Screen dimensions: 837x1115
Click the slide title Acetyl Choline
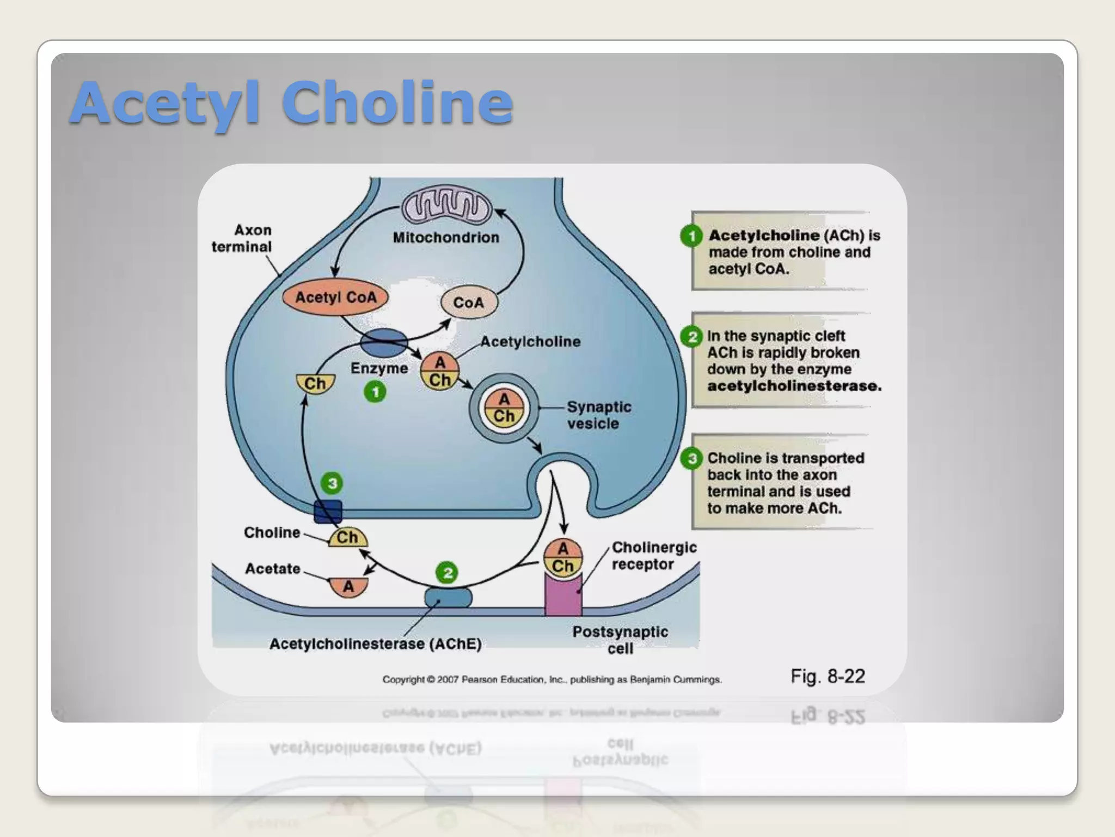(292, 102)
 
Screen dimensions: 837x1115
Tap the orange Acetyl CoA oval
(335, 298)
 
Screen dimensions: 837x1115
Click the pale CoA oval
(469, 302)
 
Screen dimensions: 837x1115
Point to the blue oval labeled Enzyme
(383, 343)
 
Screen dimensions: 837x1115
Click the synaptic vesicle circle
(504, 408)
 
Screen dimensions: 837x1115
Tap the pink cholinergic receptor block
(563, 595)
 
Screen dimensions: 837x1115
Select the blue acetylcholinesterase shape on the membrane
(448, 597)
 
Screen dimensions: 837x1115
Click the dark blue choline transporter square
(328, 512)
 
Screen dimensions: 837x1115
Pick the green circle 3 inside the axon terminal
(332, 483)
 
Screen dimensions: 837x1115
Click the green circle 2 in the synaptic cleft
(447, 572)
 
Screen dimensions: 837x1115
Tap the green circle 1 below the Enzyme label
(375, 392)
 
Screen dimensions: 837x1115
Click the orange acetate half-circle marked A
(348, 586)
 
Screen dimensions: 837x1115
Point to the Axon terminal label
(242, 238)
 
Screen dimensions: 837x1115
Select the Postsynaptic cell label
(620, 640)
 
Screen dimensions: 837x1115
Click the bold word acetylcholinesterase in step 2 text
(794, 386)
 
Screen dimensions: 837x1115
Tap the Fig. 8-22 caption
(828, 676)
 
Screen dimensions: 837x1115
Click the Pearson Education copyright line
(552, 680)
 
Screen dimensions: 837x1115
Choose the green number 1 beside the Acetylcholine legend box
(691, 236)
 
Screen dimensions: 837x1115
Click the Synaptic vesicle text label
(599, 415)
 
